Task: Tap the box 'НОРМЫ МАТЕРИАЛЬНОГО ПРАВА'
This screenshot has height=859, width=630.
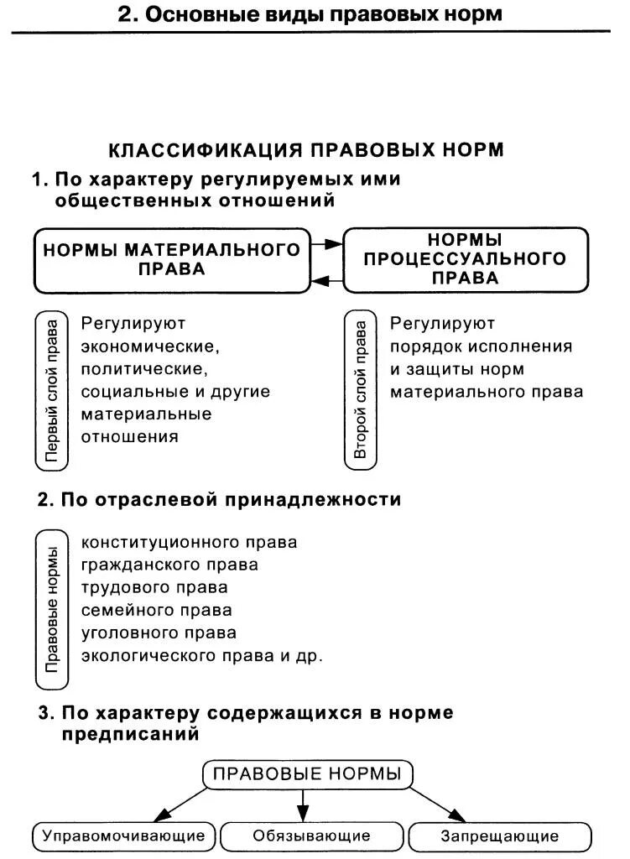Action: pyautogui.click(x=171, y=259)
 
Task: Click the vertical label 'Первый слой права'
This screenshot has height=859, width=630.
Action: pyautogui.click(x=52, y=390)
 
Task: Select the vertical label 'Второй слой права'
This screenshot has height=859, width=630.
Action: pyautogui.click(x=361, y=390)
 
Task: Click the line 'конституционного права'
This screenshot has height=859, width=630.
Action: pyautogui.click(x=189, y=542)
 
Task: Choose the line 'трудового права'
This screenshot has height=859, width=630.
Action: pyautogui.click(x=154, y=587)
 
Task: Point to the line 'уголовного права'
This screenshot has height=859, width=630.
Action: pyautogui.click(x=159, y=633)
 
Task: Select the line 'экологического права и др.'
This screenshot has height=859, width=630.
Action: pyautogui.click(x=201, y=655)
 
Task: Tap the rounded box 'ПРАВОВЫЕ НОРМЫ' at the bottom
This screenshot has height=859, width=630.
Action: pyautogui.click(x=307, y=773)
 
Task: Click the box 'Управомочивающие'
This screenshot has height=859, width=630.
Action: pyautogui.click(x=123, y=836)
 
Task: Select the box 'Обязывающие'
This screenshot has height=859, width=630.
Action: pyautogui.click(x=311, y=836)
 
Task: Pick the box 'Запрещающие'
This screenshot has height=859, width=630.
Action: pyautogui.click(x=499, y=836)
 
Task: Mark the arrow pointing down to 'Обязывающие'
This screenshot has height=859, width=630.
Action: pyautogui.click(x=304, y=805)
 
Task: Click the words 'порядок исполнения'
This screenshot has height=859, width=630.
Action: pyautogui.click(x=481, y=346)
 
